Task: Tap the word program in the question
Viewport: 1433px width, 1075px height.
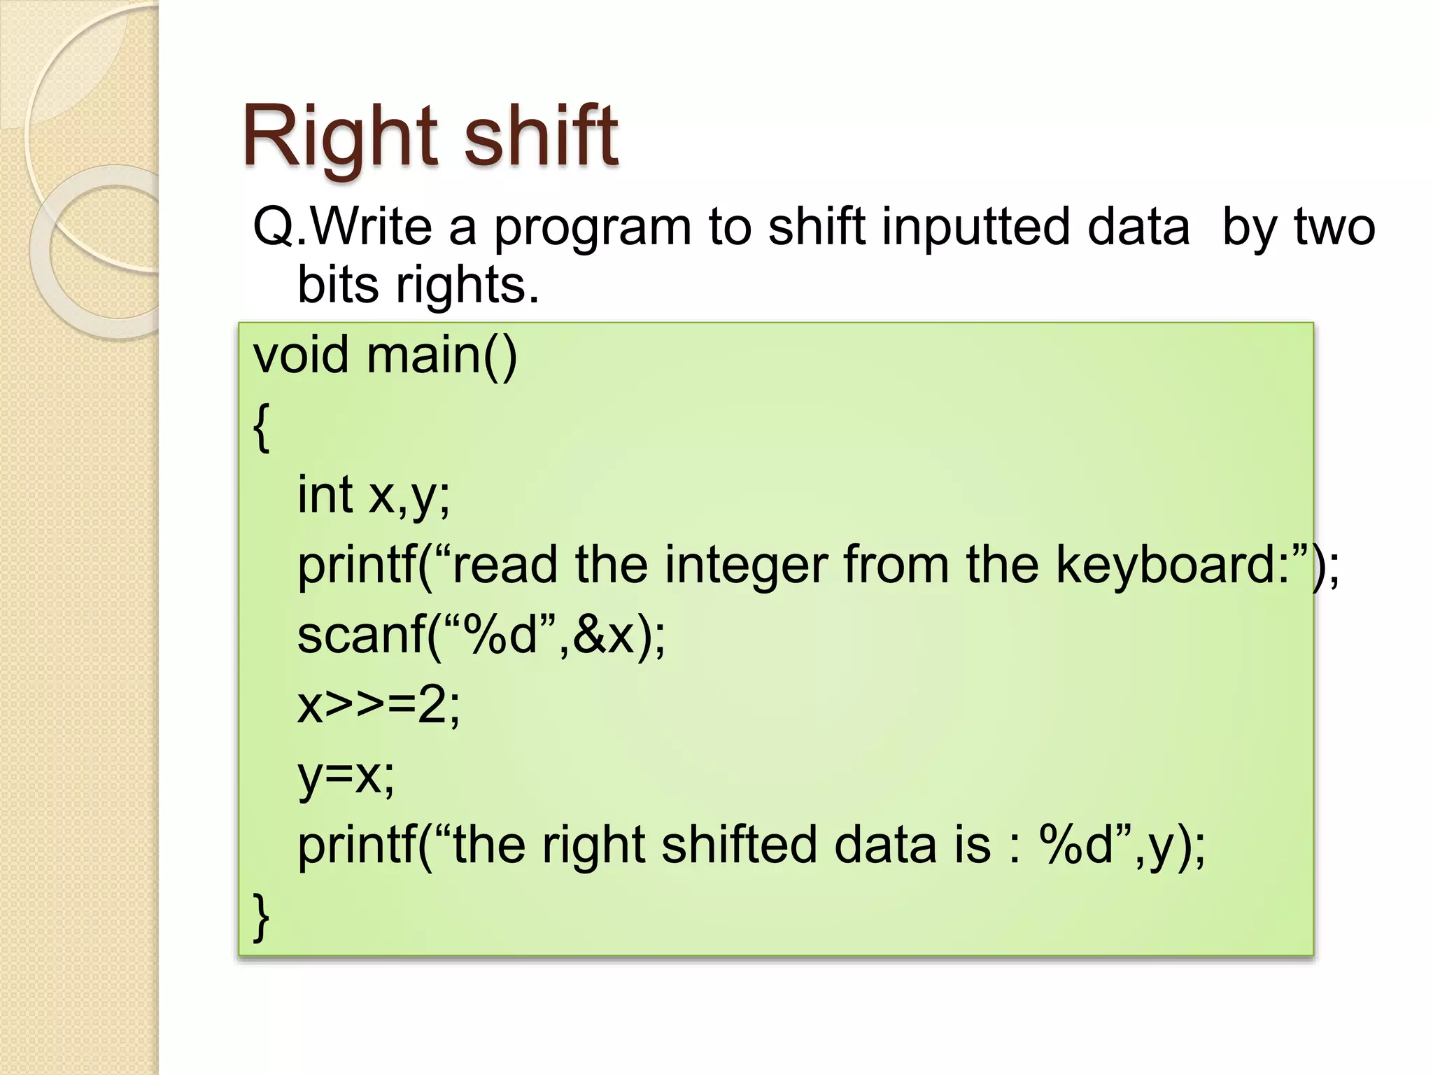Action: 592,228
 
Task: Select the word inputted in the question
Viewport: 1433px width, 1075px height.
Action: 975,228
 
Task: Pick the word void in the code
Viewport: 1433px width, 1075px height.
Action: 300,355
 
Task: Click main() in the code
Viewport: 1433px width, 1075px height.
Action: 441,356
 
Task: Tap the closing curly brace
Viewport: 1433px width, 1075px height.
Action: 261,917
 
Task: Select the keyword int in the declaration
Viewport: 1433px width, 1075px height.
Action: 325,494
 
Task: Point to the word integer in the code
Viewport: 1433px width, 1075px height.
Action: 746,565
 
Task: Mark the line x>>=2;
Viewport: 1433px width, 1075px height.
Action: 379,705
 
